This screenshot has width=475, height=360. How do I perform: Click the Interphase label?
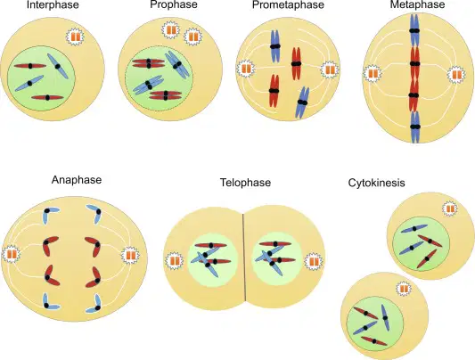[x=53, y=5]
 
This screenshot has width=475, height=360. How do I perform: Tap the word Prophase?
[x=174, y=4]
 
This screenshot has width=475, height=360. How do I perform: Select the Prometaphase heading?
[x=288, y=4]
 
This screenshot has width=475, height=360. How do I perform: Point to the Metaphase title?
[x=417, y=4]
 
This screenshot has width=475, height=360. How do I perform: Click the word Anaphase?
[x=77, y=180]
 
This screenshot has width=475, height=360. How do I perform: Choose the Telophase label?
[x=245, y=183]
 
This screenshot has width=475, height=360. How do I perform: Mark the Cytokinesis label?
[x=377, y=183]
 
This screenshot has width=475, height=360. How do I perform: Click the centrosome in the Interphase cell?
[x=75, y=37]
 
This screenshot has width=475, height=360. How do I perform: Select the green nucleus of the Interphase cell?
[x=41, y=78]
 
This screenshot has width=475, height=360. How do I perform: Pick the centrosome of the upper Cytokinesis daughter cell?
[x=450, y=209]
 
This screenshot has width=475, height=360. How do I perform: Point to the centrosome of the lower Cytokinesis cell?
[x=404, y=289]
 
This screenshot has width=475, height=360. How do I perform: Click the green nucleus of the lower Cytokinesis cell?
[x=374, y=323]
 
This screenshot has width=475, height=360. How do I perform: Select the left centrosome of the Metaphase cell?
[x=373, y=74]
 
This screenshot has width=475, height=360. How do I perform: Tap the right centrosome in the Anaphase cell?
[x=131, y=255]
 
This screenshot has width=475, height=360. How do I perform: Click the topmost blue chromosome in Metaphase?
[x=414, y=30]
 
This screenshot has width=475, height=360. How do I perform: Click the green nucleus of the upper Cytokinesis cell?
[x=421, y=244]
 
